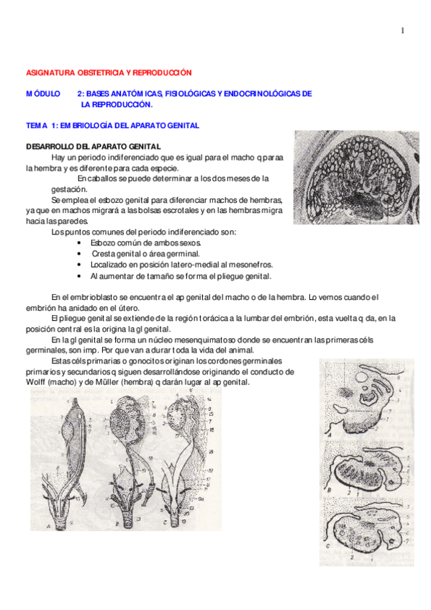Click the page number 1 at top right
pos(403,30)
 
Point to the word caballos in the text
pos(108,178)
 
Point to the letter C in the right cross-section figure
pos(329,545)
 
